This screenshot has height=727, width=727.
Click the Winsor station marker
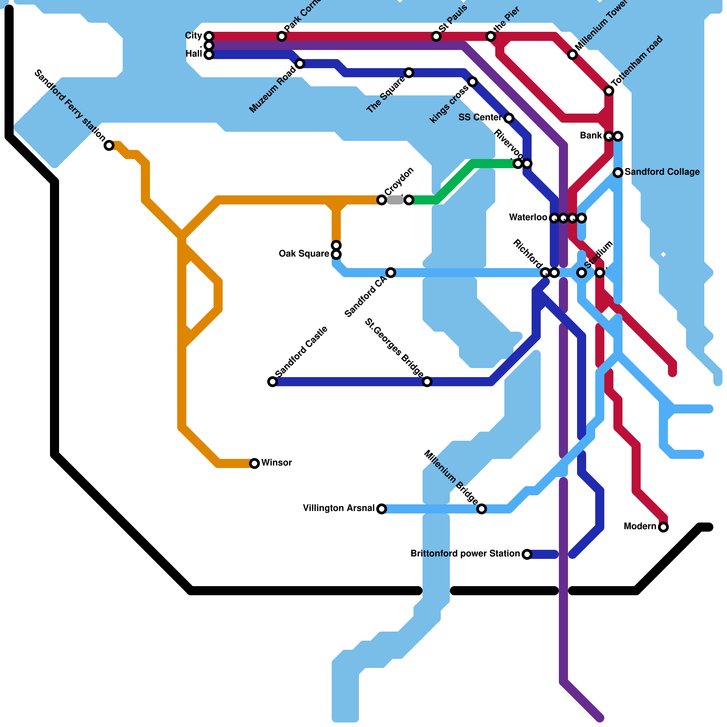(x=254, y=463)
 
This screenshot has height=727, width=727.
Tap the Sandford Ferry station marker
(x=109, y=145)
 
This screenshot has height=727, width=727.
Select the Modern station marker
(x=663, y=527)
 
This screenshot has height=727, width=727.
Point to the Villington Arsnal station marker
(x=382, y=508)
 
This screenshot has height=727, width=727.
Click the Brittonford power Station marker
(x=527, y=554)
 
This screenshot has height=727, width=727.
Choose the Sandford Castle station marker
(x=273, y=382)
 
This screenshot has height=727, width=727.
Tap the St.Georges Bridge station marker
(x=427, y=382)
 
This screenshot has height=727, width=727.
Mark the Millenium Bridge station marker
(x=482, y=508)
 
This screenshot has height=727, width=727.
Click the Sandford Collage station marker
(x=618, y=173)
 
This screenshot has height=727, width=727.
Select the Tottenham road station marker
(x=609, y=91)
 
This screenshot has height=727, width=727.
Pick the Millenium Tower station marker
(x=573, y=55)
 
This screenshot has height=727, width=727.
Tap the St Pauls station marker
(x=436, y=36)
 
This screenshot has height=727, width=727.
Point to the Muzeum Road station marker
(x=300, y=64)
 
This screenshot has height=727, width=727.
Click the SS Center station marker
(x=509, y=118)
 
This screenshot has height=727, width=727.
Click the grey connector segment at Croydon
(x=395, y=200)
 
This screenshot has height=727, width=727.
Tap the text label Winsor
(x=276, y=463)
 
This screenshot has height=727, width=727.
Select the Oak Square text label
(x=304, y=254)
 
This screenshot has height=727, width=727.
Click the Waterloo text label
(x=528, y=218)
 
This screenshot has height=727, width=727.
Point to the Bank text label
(x=591, y=136)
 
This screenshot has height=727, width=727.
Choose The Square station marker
(x=409, y=73)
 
